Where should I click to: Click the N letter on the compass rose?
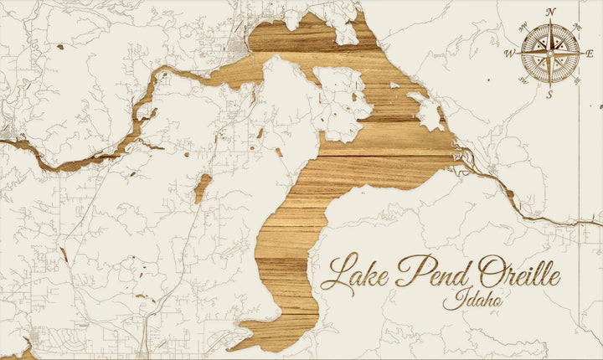pyautogui.click(x=550, y=12)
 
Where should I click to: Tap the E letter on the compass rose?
pyautogui.click(x=590, y=54)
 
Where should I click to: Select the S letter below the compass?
pyautogui.click(x=549, y=94)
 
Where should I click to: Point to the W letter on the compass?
pyautogui.click(x=509, y=53)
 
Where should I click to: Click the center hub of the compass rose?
pyautogui.click(x=549, y=53)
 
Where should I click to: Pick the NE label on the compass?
pyautogui.click(x=577, y=26)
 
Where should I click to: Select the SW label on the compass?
pyautogui.click(x=523, y=80)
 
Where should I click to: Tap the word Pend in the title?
pyautogui.click(x=427, y=272)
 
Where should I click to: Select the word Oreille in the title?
pyautogui.click(x=515, y=272)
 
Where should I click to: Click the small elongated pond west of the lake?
pyautogui.click(x=202, y=188)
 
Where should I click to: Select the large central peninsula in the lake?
pyautogui.click(x=289, y=126)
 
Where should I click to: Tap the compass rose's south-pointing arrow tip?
pyautogui.click(x=549, y=85)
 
